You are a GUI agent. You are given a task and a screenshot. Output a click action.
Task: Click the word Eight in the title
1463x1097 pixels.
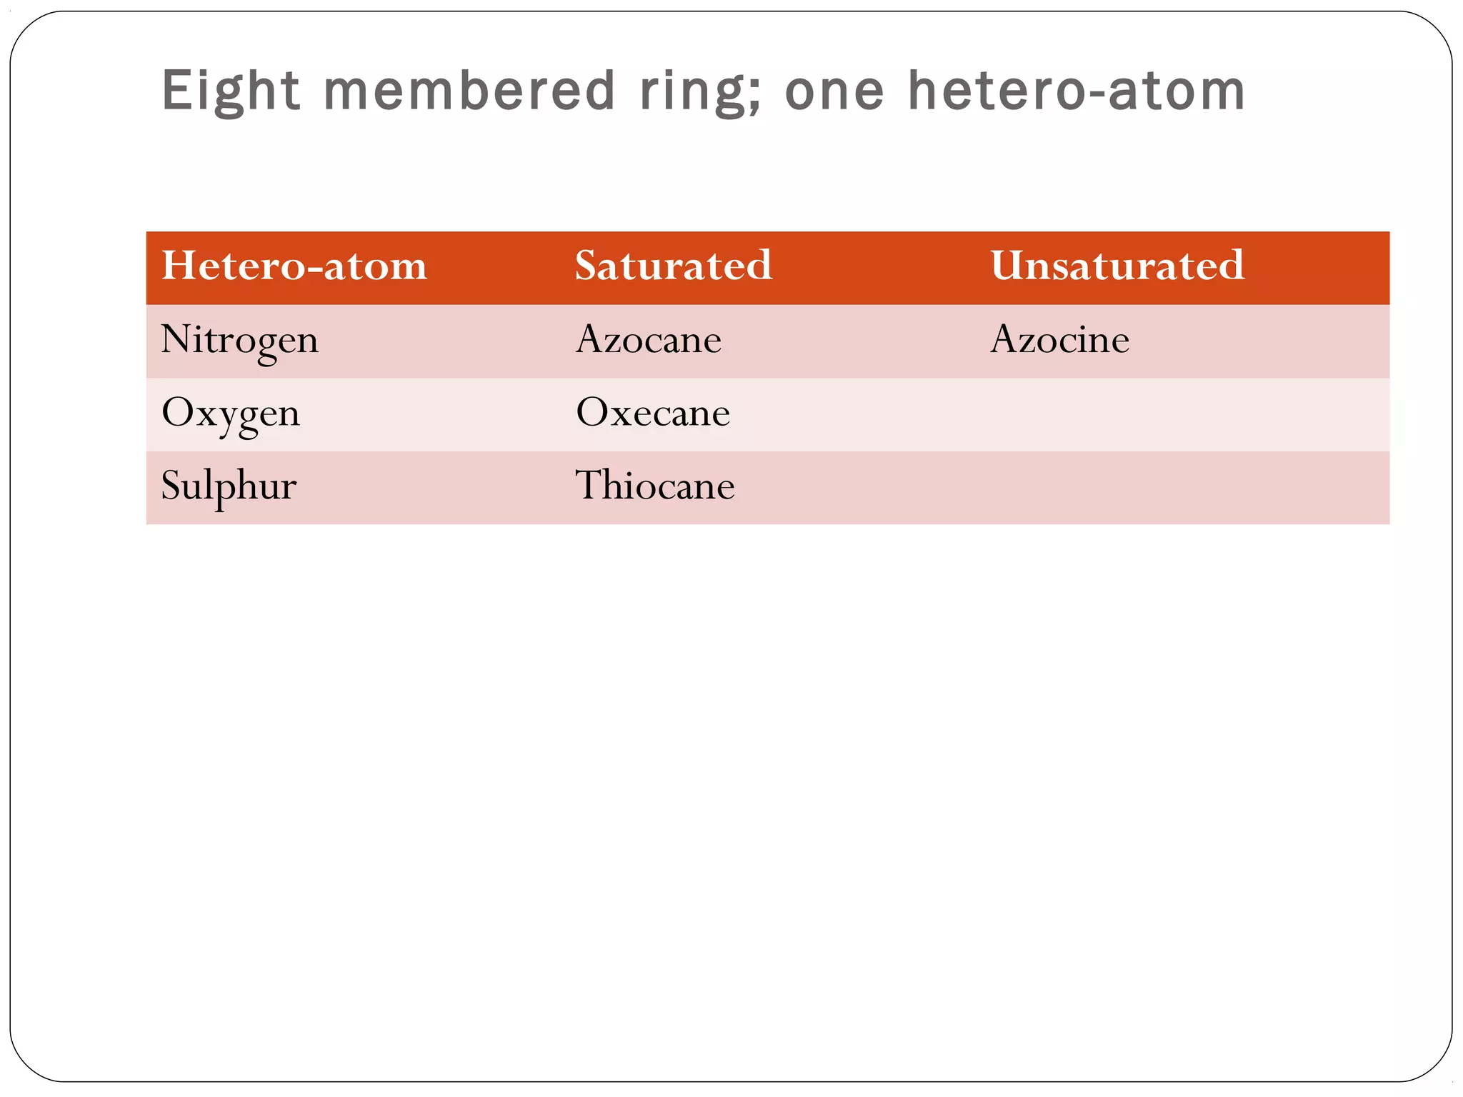pos(230,91)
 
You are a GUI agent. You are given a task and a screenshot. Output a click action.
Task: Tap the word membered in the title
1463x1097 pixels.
pos(469,91)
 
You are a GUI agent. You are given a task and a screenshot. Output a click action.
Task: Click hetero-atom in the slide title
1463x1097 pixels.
pos(1077,91)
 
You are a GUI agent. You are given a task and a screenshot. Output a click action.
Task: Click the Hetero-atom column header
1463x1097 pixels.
pos(294,266)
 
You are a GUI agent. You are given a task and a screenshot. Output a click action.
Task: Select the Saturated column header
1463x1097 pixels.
pos(674,266)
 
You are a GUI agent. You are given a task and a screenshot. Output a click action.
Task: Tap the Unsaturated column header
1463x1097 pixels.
pos(1117,266)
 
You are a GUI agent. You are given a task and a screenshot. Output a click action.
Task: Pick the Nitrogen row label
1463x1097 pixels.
pos(240,340)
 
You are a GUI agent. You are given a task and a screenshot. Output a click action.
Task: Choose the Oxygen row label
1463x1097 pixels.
pos(231,414)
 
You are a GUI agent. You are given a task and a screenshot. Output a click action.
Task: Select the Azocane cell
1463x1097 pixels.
pos(649,340)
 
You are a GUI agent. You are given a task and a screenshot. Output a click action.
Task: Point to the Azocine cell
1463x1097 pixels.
pos(1059,340)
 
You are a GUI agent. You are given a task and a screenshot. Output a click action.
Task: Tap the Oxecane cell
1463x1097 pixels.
pos(653,414)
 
